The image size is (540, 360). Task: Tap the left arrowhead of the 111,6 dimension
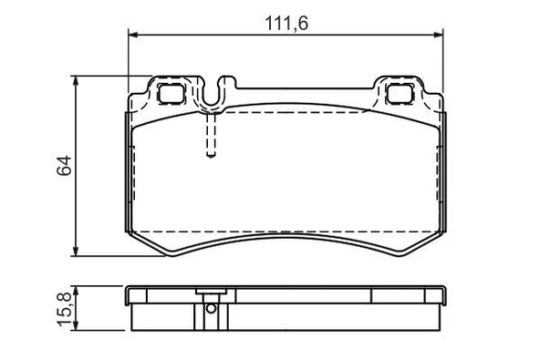click(131, 35)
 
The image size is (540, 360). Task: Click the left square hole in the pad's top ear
click(170, 92)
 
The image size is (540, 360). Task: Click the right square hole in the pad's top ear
click(400, 92)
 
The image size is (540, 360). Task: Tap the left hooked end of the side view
click(130, 295)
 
